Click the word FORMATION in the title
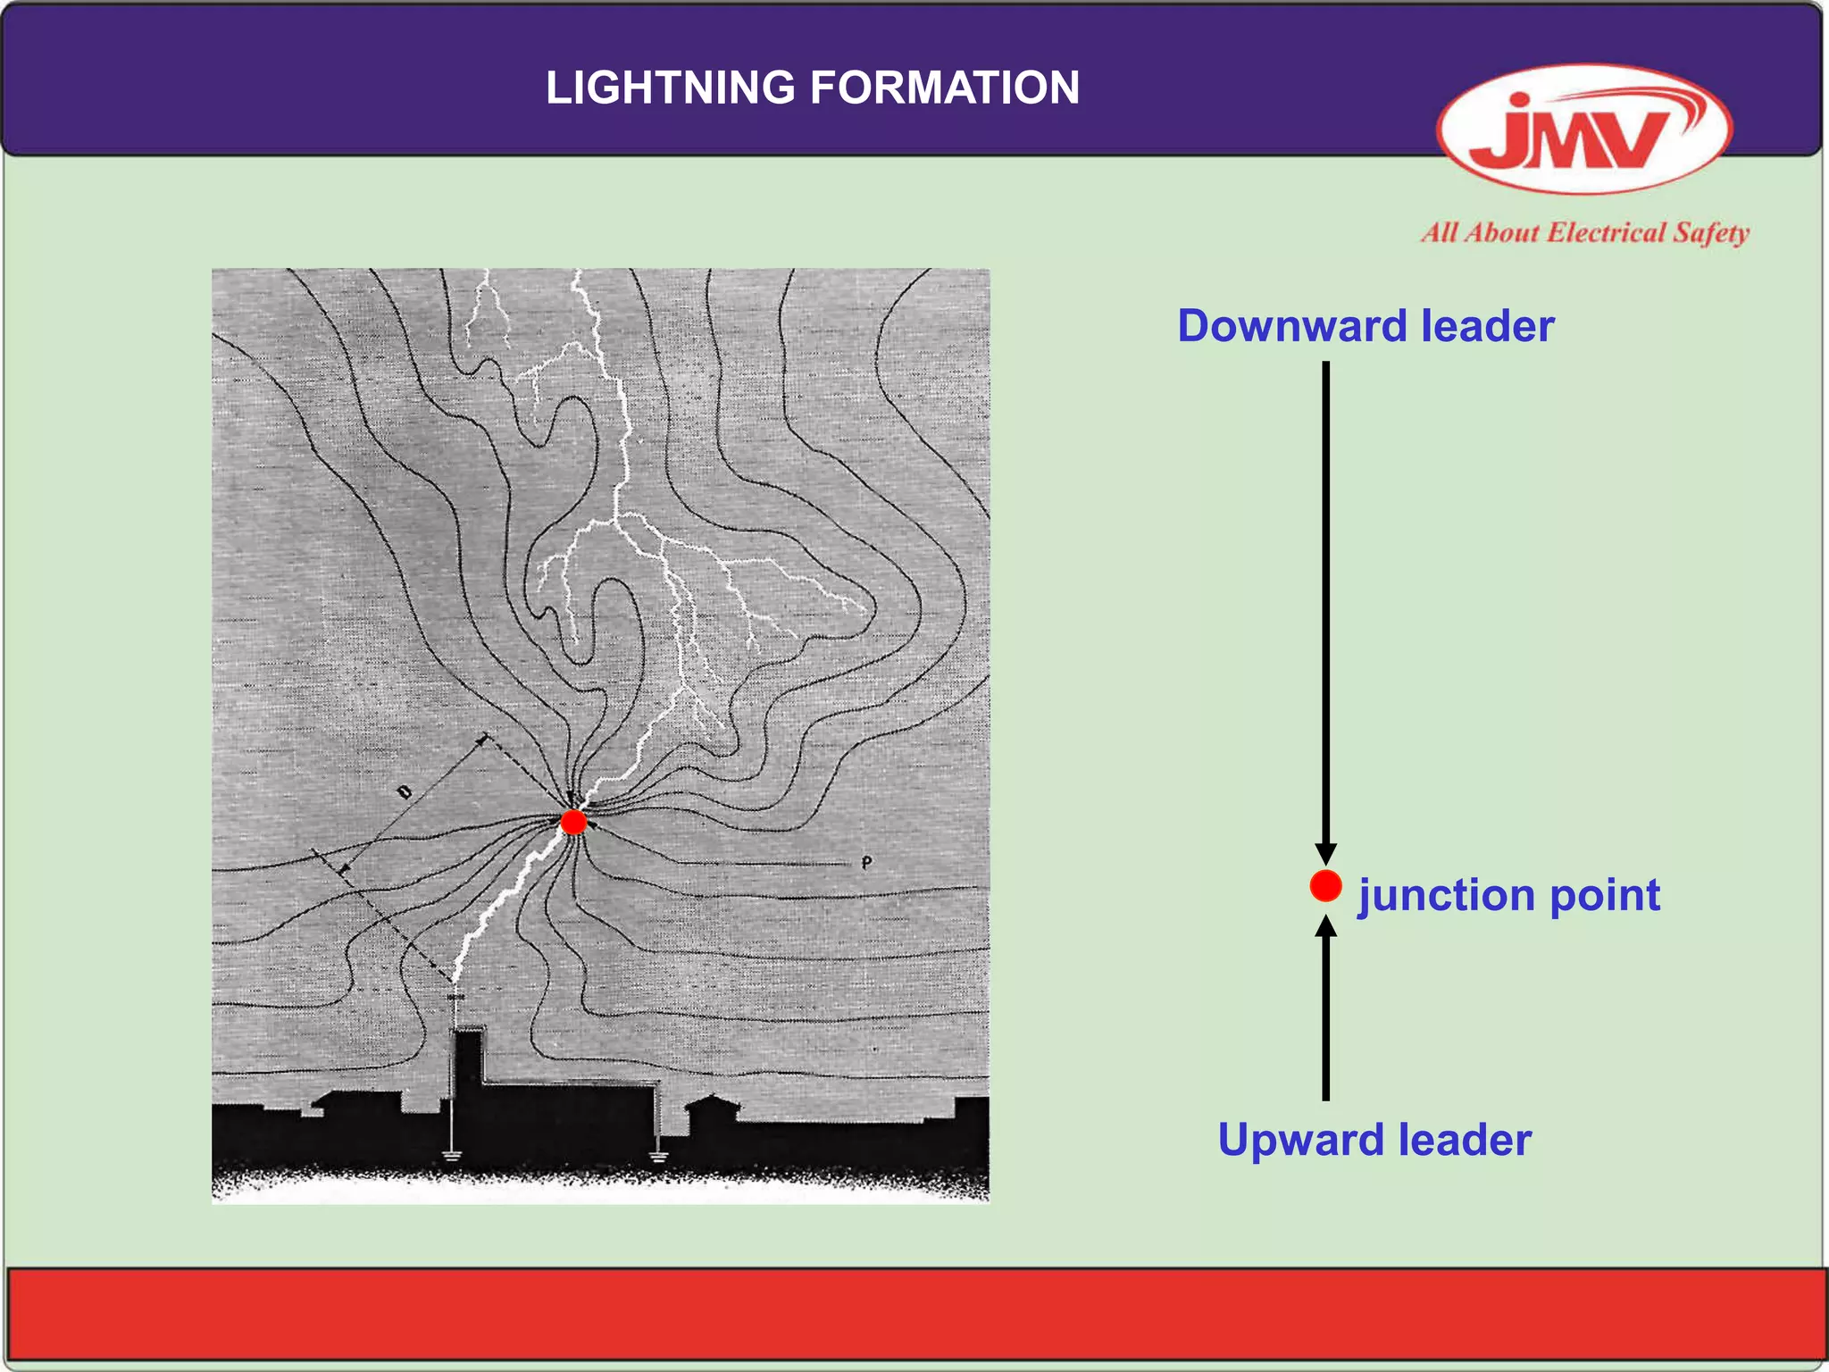(x=945, y=88)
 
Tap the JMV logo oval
(x=1583, y=130)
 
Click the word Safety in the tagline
(x=1710, y=233)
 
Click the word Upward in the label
(x=1301, y=1140)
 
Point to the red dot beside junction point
(x=1325, y=886)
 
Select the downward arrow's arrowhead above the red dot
(x=1325, y=852)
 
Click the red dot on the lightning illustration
(x=573, y=822)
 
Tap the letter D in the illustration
(x=404, y=791)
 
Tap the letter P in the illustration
(x=866, y=863)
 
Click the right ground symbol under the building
(x=659, y=1158)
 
